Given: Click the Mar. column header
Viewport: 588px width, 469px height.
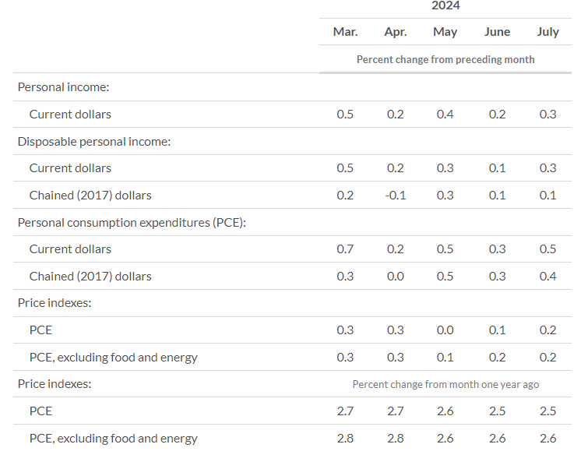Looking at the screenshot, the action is tap(345, 32).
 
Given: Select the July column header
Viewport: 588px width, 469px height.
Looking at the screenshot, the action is tap(548, 32).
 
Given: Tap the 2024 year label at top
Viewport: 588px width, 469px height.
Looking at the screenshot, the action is tap(445, 5).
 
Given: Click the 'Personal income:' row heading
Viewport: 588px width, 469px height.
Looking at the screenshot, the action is tap(63, 87).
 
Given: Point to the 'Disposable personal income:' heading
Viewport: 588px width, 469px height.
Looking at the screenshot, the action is tap(94, 142).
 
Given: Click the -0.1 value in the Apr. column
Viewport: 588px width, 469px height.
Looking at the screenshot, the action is tap(396, 196).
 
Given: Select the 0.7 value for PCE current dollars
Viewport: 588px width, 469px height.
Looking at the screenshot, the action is tap(345, 249).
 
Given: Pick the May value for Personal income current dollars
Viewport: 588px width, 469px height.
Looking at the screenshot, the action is tap(445, 114).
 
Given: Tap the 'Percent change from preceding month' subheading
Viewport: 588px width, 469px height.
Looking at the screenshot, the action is tap(445, 59).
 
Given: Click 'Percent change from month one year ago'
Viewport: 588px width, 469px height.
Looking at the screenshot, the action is tap(445, 384).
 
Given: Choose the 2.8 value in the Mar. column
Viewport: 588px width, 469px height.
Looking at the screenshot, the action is tap(345, 439).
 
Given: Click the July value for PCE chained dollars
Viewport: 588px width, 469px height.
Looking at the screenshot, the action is tap(548, 277).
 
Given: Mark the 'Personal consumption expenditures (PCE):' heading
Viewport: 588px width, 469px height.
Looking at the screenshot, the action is tap(132, 223).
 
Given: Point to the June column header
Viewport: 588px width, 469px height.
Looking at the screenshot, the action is tap(497, 32).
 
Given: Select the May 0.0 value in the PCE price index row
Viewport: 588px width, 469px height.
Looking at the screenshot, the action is tap(445, 330).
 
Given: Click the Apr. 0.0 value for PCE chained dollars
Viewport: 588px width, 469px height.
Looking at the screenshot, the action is tap(396, 277).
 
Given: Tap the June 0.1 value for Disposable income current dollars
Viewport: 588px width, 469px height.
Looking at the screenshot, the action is tap(497, 168).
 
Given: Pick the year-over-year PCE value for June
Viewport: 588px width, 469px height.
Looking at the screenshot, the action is tap(497, 411).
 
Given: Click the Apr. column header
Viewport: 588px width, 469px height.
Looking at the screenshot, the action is tap(396, 32).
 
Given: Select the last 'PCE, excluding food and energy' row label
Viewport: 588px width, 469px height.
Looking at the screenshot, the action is tap(113, 439).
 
